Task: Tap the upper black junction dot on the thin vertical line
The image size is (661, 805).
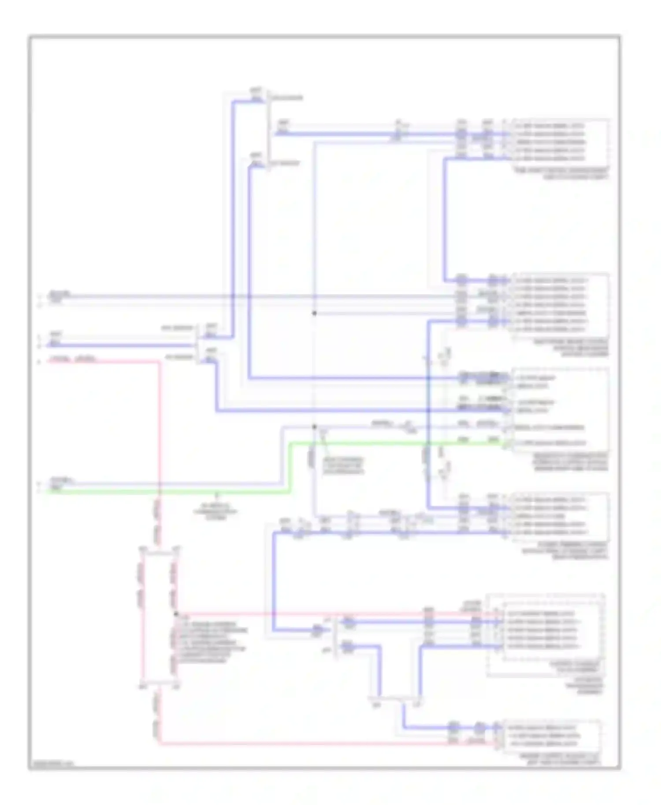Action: tap(314, 313)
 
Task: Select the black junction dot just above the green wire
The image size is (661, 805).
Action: tap(314, 427)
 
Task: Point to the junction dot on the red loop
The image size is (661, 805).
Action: tap(176, 614)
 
